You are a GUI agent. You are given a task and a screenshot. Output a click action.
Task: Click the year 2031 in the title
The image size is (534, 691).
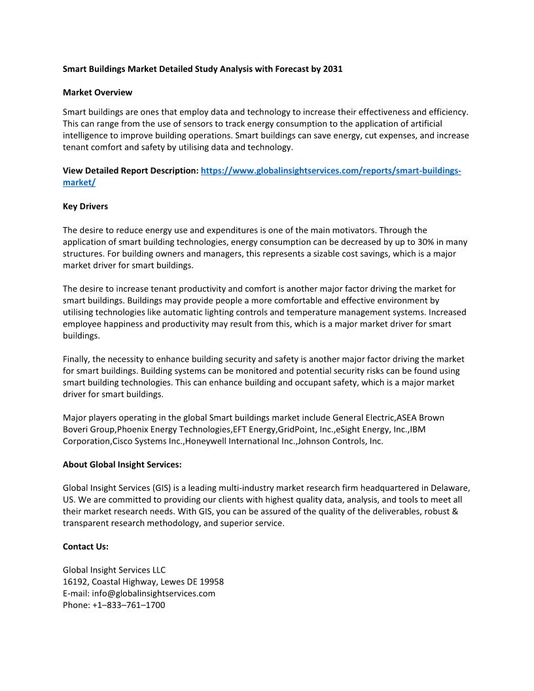(x=332, y=69)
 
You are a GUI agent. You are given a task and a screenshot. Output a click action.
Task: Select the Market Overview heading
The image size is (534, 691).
(x=97, y=92)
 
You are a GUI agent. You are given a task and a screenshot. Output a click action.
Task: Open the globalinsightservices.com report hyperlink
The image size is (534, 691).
(x=330, y=171)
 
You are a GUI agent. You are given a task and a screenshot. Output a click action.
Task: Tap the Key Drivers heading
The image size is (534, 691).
(x=85, y=206)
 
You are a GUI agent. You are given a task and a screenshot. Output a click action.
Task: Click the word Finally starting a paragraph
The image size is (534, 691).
(x=77, y=359)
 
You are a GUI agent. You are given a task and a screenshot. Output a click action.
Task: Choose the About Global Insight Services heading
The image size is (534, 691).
(x=122, y=465)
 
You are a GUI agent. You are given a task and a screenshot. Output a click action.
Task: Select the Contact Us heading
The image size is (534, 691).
(x=85, y=546)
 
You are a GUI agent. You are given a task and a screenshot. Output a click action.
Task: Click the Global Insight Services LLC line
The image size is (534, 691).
(x=114, y=570)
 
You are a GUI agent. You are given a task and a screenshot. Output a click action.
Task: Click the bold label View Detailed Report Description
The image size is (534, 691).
(x=130, y=171)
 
